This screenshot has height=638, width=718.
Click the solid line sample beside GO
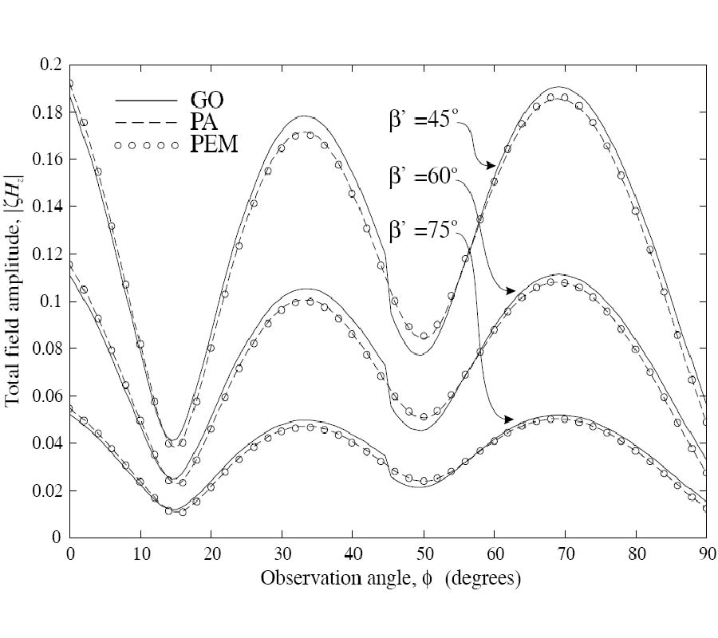(144, 101)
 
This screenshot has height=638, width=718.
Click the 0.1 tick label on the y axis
(50, 301)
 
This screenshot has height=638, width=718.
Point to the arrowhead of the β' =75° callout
(508, 419)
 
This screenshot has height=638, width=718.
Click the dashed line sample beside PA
(144, 124)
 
